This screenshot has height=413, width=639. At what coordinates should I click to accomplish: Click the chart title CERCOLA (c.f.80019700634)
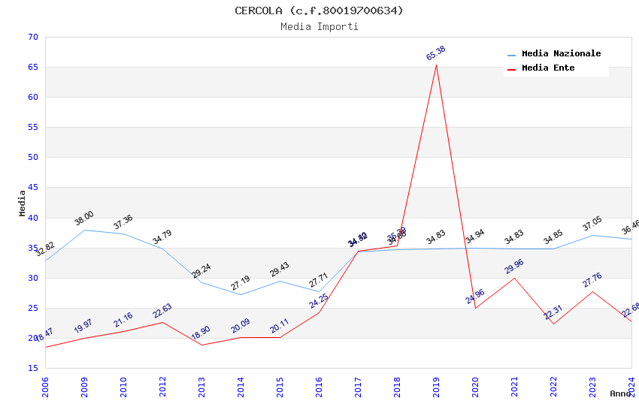click(x=319, y=11)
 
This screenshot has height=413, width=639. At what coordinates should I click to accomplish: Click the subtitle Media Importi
click(x=319, y=26)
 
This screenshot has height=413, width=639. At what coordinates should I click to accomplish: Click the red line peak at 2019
click(x=436, y=65)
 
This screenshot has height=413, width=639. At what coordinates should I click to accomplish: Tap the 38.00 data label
click(x=84, y=219)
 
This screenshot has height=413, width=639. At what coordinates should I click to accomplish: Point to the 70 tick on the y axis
click(x=32, y=37)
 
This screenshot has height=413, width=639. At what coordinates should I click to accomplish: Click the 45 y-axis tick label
click(x=32, y=188)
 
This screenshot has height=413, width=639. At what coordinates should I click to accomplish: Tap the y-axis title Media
click(x=22, y=203)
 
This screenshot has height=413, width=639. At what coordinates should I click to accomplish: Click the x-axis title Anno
click(x=620, y=393)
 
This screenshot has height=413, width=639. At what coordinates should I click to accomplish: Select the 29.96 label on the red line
click(x=514, y=267)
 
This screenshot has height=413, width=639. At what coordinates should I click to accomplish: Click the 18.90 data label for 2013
click(x=201, y=333)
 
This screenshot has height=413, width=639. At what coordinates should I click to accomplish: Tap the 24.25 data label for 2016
click(x=319, y=301)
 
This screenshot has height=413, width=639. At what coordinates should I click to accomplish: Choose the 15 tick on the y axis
click(x=32, y=368)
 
